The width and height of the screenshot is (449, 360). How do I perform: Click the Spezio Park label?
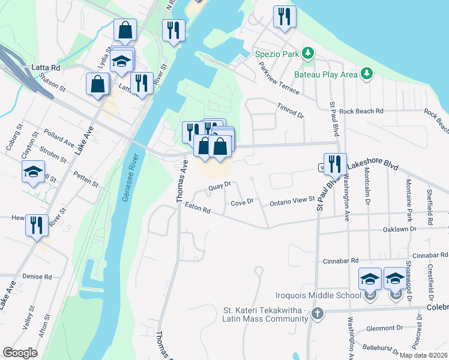point(277,54)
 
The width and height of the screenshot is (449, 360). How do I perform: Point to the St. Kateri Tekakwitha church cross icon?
point(317,313)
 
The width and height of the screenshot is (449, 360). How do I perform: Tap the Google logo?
point(20,353)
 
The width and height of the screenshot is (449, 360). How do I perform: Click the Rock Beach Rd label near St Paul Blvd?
point(361,112)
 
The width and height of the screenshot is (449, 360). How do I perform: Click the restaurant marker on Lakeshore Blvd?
point(335,164)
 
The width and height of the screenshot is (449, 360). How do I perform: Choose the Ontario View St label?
point(292,201)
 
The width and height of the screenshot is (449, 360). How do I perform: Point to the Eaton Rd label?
point(197,208)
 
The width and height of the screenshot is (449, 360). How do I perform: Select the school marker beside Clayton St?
point(34,172)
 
